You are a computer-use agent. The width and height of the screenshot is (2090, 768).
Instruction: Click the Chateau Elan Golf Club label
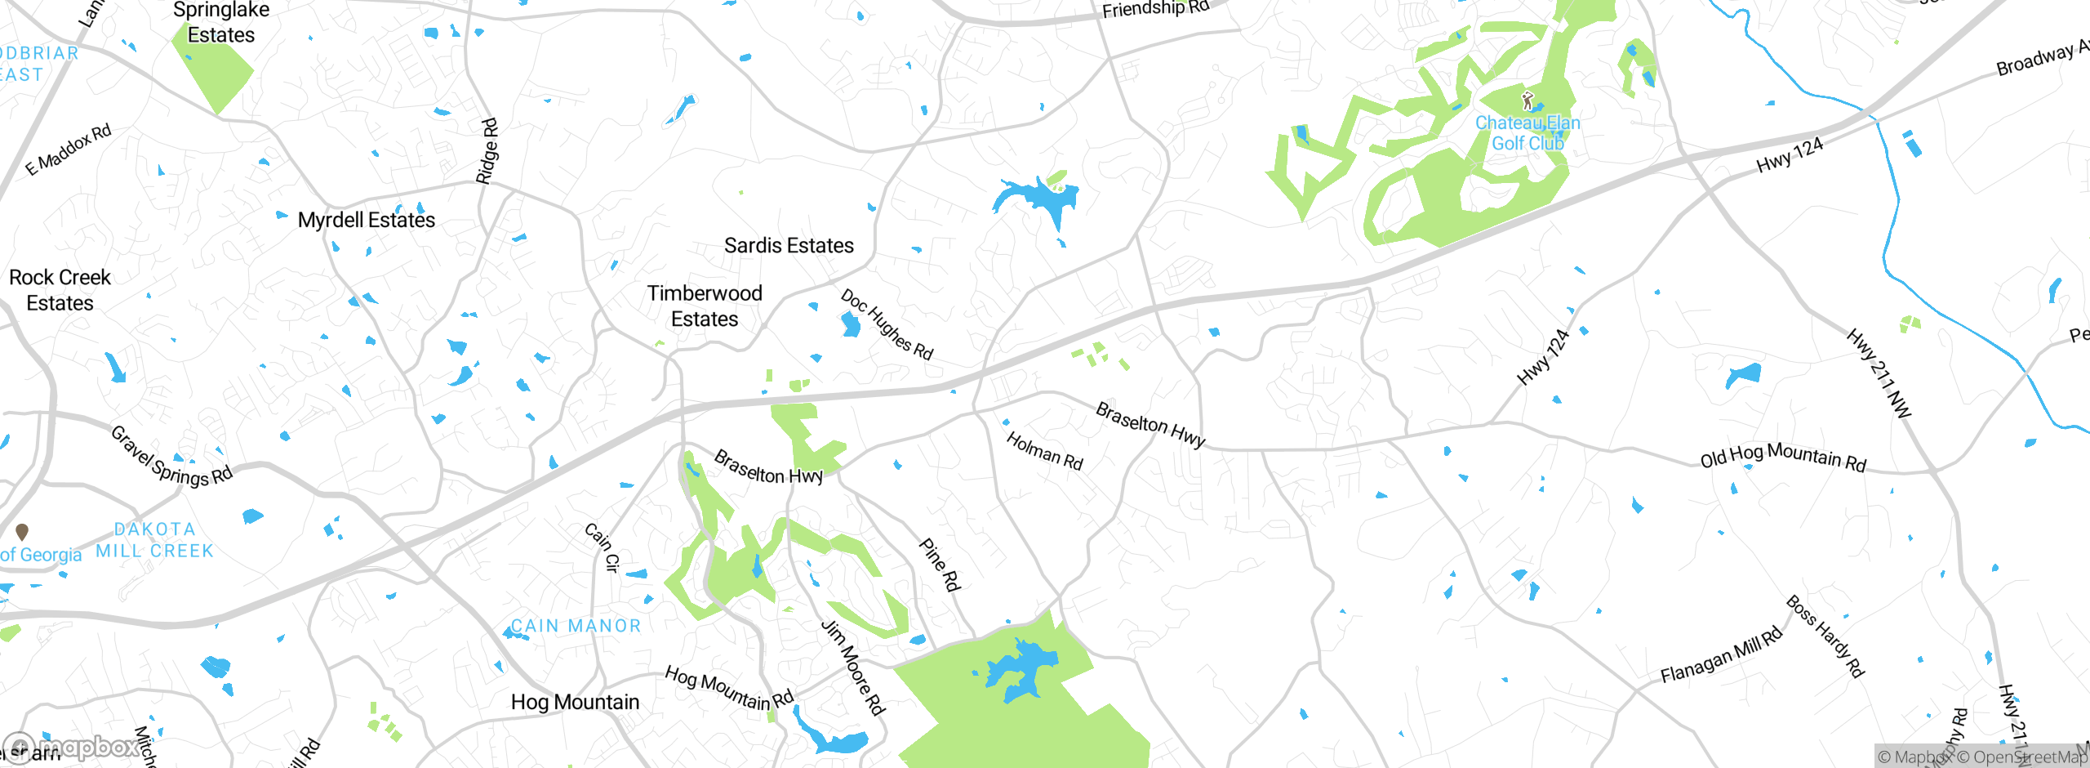coord(1527,133)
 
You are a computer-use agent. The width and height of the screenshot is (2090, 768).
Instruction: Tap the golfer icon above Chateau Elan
coord(1527,101)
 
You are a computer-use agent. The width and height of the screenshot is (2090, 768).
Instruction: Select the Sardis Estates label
coord(789,245)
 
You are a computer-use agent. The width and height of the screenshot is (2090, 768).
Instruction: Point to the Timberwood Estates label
coord(705,306)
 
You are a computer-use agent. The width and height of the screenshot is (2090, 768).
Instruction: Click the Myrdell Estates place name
coord(367,220)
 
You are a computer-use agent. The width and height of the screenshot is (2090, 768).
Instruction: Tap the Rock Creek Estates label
coord(60,290)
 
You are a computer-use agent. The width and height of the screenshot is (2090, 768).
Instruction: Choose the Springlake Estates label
coord(221,22)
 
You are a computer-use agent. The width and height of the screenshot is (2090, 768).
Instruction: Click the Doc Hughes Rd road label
coord(887,324)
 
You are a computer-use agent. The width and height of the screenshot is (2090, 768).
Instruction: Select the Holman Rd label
coord(1044,451)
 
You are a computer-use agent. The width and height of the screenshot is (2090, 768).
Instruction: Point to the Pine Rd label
coord(940,564)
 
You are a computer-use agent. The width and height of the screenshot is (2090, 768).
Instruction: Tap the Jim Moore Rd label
coord(853,668)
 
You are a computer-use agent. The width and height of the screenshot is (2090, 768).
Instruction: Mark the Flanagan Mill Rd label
coord(1722,655)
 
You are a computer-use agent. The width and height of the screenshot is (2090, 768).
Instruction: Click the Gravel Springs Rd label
coord(171,457)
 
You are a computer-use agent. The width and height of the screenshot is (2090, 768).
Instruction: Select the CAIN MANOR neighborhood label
coord(576,626)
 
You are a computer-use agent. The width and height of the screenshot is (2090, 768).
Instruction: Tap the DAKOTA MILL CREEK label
coord(154,540)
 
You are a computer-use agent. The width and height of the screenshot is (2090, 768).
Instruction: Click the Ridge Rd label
coord(487,151)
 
